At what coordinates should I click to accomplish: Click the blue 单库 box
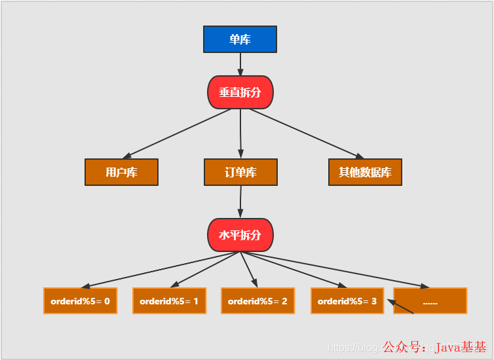pyautogui.click(x=240, y=39)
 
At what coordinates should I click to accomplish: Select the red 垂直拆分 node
pyautogui.click(x=240, y=92)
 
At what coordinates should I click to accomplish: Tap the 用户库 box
pyautogui.click(x=121, y=172)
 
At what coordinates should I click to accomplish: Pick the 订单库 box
pyautogui.click(x=240, y=172)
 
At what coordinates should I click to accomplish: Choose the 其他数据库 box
pyautogui.click(x=364, y=172)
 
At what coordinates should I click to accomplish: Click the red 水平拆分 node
pyautogui.click(x=240, y=235)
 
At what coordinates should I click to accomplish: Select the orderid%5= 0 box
pyautogui.click(x=80, y=301)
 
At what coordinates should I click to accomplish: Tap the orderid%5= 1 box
pyautogui.click(x=169, y=301)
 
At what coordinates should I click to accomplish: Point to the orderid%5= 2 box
pyautogui.click(x=257, y=301)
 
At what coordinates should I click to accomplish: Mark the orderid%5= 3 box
pyautogui.click(x=347, y=301)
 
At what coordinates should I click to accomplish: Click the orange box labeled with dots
pyautogui.click(x=430, y=301)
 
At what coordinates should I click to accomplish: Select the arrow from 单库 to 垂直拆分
pyautogui.click(x=240, y=63)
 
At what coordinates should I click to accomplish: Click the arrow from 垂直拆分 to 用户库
pyautogui.click(x=177, y=134)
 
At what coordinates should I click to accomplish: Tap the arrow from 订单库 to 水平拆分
pyautogui.click(x=240, y=201)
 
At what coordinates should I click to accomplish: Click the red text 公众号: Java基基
pyautogui.click(x=434, y=347)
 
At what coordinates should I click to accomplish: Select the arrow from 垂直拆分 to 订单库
pyautogui.click(x=240, y=134)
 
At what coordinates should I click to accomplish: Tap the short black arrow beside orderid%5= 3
pyautogui.click(x=400, y=306)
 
